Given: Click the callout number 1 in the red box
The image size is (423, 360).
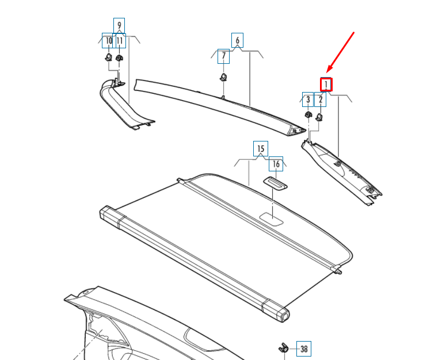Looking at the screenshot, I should (326, 85).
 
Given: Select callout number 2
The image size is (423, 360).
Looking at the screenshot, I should (321, 99).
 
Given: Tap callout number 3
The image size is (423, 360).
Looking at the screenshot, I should (308, 99).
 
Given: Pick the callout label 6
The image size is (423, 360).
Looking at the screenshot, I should (237, 40).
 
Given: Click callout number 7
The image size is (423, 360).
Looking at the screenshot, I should (223, 56).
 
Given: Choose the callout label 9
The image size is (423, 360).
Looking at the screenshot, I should (119, 25).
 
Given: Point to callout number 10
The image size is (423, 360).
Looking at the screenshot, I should (108, 40).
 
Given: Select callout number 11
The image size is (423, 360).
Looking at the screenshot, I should (120, 40).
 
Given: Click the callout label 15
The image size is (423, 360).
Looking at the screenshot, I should (260, 150).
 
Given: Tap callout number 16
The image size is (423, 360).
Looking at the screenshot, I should (276, 164).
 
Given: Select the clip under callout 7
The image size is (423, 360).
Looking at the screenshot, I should (223, 77).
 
